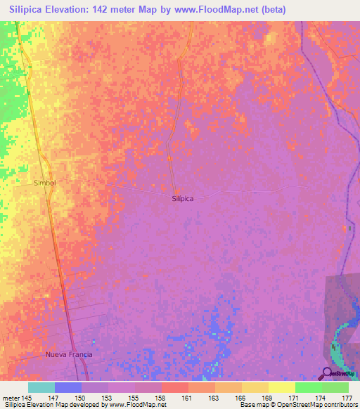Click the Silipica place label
pyautogui.click(x=182, y=199)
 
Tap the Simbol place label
pyautogui.click(x=44, y=182)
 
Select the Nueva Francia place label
pyautogui.click(x=69, y=354)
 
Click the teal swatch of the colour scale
pyautogui.click(x=41, y=387)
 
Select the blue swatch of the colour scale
pyautogui.click(x=68, y=387)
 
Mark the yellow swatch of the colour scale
pyautogui.click(x=281, y=387)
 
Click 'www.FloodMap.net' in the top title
pyautogui.click(x=212, y=10)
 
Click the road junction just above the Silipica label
pyautogui.click(x=176, y=190)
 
